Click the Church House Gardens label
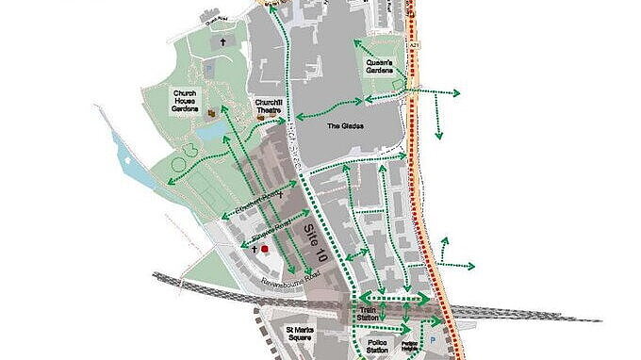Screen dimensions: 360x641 185,101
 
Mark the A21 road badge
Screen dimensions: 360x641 415,44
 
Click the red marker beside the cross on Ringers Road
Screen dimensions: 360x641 265,249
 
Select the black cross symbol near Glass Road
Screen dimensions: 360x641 223,42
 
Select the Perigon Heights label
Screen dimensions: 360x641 408,345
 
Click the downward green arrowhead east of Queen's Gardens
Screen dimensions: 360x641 438,135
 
